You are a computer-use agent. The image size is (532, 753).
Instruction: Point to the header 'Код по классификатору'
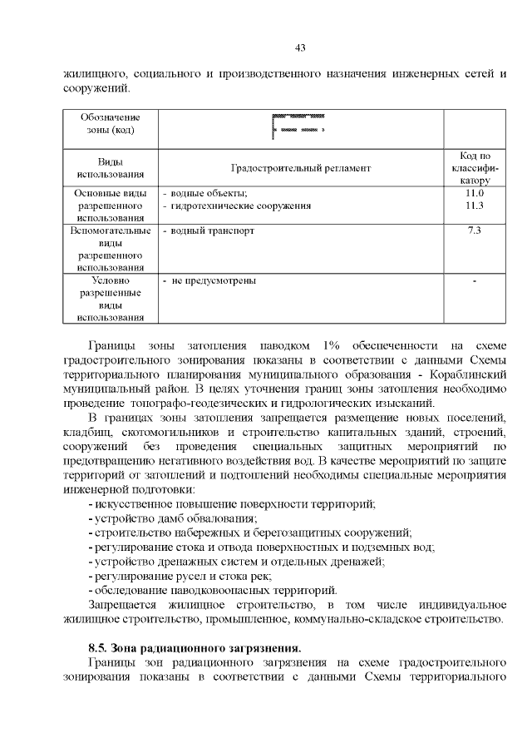475,168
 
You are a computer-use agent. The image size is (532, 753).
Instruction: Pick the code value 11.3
475,206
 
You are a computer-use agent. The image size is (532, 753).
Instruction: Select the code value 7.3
475,230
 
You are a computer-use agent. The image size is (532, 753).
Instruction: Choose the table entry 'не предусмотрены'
213,280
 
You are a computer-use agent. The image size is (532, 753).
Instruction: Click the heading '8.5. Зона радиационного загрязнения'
195,647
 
